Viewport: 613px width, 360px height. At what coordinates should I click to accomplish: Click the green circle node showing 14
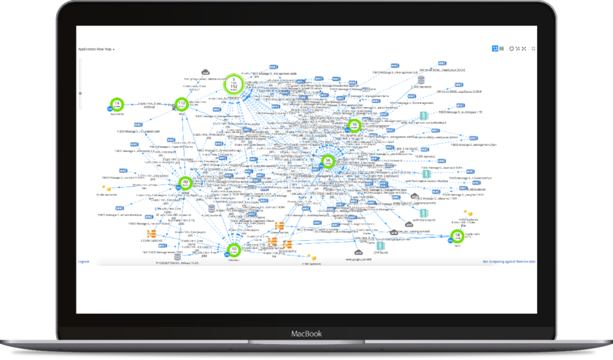coord(115,104)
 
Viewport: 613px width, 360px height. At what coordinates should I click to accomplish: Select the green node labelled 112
coord(182,105)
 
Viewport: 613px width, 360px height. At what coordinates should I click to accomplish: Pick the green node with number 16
coord(355,126)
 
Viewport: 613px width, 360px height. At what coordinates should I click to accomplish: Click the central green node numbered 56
coord(329,161)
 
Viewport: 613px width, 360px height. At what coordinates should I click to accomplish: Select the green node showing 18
coord(457,236)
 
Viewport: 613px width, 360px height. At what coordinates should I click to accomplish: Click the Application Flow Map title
coord(94,49)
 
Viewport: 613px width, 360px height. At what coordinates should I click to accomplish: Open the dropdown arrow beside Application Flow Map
coord(114,50)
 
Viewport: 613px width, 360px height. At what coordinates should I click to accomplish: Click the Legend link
coord(83,261)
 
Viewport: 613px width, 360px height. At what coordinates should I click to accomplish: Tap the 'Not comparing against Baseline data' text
coord(509,261)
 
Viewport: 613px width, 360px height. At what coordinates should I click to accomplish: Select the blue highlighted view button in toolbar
coord(495,48)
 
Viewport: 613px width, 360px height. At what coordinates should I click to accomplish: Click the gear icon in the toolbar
coord(511,48)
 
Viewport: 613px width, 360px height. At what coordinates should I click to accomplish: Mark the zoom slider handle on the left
coord(80,93)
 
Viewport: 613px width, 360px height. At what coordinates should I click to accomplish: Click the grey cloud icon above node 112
coord(207,70)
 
